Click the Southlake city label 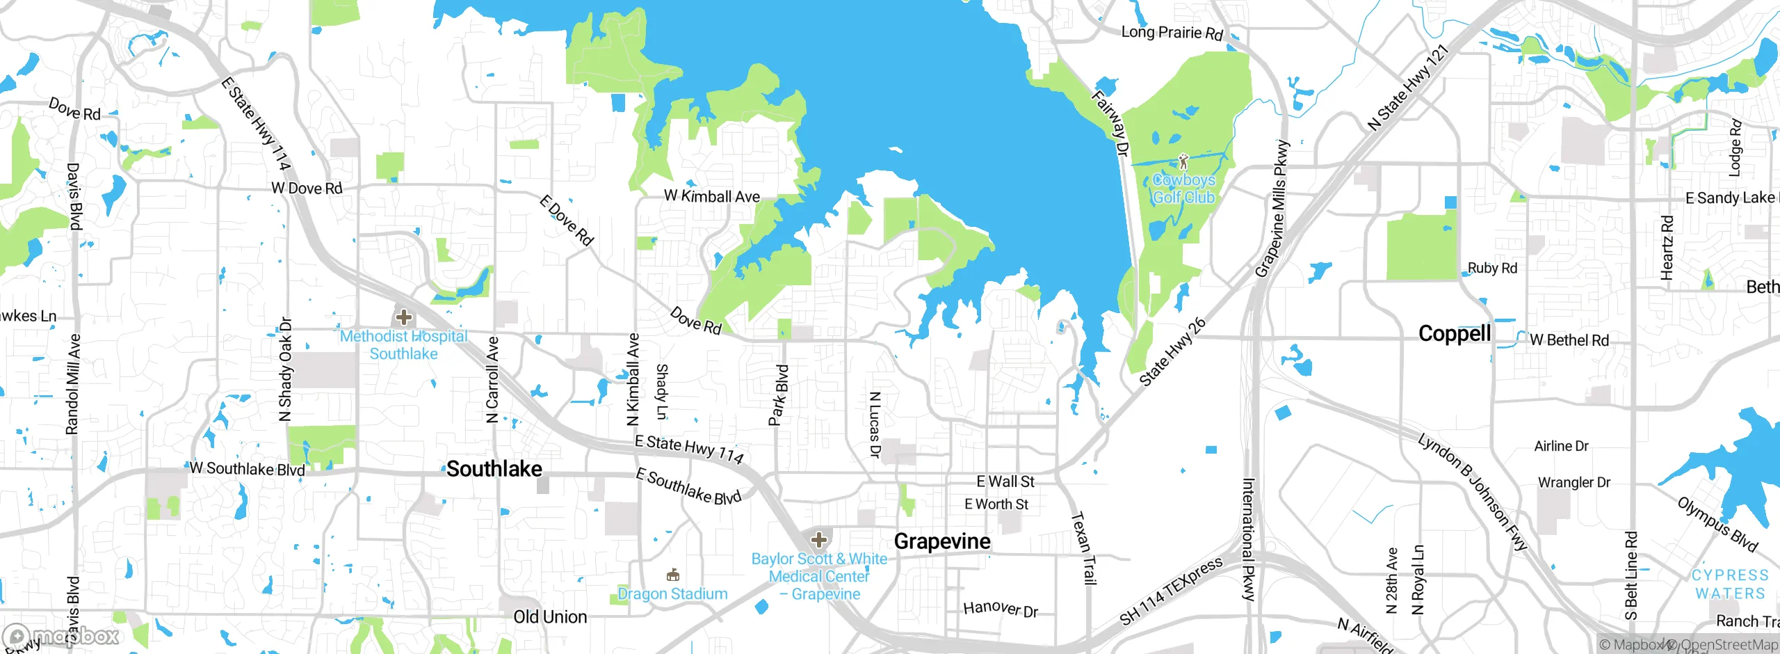(x=494, y=469)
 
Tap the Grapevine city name (x=941, y=541)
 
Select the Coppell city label (x=1454, y=334)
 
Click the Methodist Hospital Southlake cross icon (x=403, y=318)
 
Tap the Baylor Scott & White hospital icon (x=819, y=539)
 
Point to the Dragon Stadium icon (x=672, y=575)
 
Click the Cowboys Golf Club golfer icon (x=1183, y=162)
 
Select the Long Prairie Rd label (x=1172, y=33)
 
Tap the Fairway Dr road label (x=1110, y=124)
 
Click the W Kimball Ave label (x=711, y=197)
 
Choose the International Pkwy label (x=1249, y=539)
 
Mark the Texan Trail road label (x=1083, y=548)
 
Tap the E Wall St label (x=1005, y=481)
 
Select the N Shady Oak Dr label (x=285, y=369)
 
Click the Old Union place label (x=550, y=617)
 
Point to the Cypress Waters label (x=1729, y=584)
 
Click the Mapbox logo (x=63, y=636)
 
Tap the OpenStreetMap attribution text (x=1728, y=645)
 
